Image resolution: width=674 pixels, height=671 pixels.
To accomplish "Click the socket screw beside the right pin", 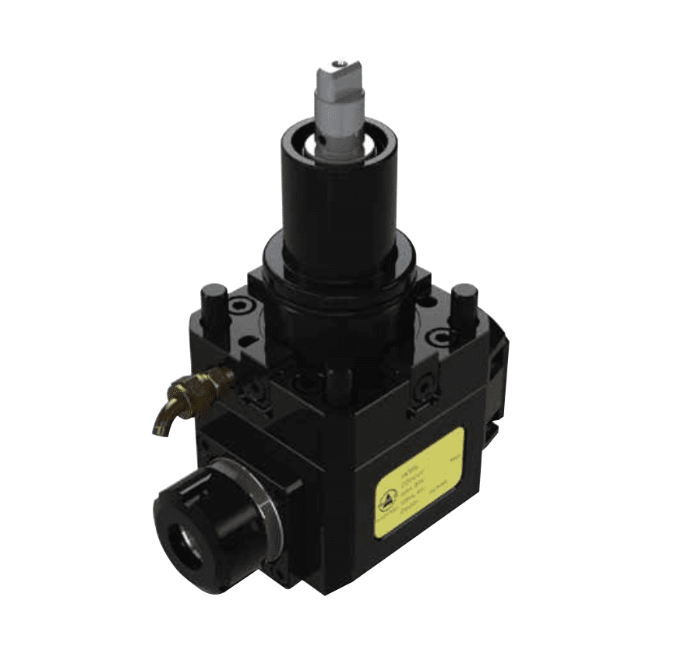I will point(441,337).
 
